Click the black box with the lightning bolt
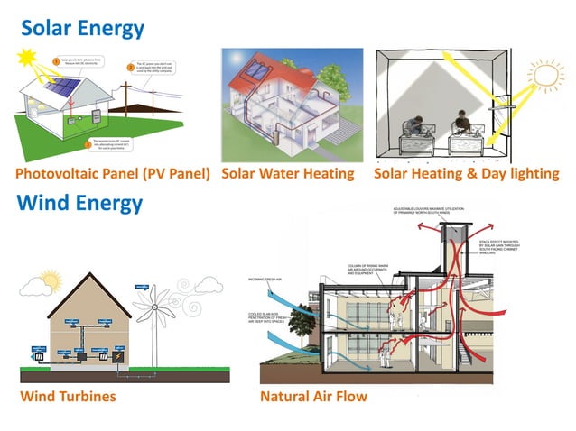click(x=116, y=358)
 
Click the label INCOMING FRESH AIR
click(x=266, y=280)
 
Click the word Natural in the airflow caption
click(x=285, y=396)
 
